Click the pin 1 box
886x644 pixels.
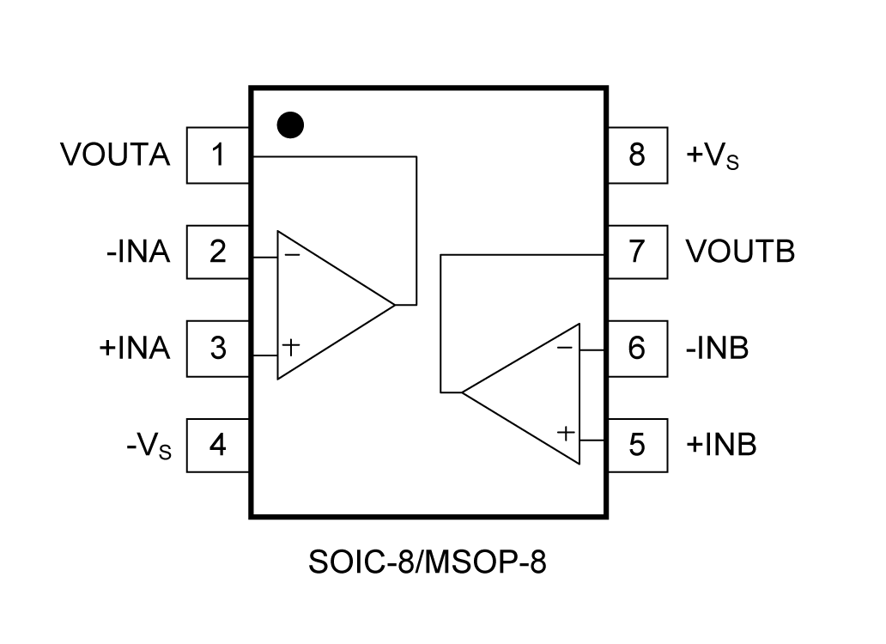tap(218, 155)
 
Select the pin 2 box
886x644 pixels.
tap(218, 252)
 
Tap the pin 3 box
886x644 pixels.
tap(218, 349)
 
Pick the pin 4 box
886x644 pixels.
tap(218, 446)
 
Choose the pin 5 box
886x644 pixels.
tap(636, 446)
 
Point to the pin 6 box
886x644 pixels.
tap(636, 349)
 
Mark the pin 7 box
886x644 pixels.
tap(636, 252)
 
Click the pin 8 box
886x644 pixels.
tap(636, 155)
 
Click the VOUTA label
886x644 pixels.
tap(115, 155)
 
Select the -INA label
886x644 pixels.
tap(138, 252)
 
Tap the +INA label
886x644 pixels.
tap(135, 349)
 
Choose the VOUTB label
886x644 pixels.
tap(740, 252)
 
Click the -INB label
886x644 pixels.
tap(718, 349)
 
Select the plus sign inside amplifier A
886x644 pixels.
tap(292, 347)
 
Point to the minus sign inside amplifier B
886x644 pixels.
tap(564, 348)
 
